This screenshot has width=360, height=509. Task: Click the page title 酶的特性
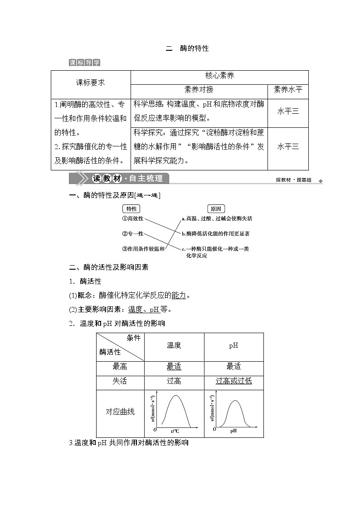tap(187, 48)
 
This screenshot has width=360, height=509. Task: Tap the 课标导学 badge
tap(85, 63)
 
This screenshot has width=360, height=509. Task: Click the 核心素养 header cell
tap(219, 76)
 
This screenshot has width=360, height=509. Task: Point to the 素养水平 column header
tap(288, 90)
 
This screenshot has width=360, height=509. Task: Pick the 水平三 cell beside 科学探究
tap(288, 146)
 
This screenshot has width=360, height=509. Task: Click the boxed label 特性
tap(131, 209)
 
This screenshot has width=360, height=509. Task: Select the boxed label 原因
tap(216, 209)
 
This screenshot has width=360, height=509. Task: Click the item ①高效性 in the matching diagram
tap(132, 218)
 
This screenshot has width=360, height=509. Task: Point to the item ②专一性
tap(132, 233)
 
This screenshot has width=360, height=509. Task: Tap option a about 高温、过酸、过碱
tap(216, 218)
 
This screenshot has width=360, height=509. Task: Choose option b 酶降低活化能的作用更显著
tap(215, 233)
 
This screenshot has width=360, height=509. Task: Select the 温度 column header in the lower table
tap(174, 345)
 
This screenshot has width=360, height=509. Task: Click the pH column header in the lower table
tap(234, 345)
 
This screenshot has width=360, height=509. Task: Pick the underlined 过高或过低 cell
tap(234, 381)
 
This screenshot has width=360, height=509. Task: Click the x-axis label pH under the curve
tap(233, 431)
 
